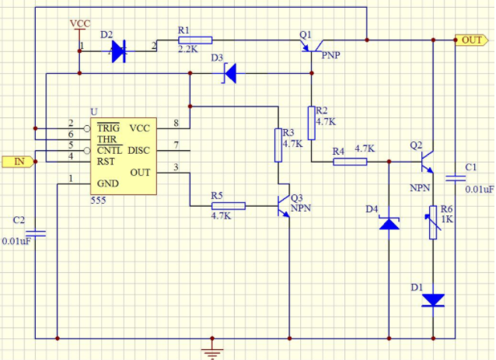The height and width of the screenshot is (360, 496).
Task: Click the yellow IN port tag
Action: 18,162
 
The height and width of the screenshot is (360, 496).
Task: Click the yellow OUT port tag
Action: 471,40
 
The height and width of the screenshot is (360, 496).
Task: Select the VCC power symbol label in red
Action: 80,24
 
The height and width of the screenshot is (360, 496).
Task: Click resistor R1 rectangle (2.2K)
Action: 195,40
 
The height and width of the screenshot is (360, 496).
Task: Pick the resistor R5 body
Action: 229,206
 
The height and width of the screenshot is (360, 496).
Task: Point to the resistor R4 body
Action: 350,162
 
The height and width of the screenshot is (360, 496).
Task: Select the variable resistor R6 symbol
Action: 433,222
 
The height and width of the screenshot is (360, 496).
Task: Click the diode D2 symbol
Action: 119,51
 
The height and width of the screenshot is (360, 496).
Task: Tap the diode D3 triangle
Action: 230,73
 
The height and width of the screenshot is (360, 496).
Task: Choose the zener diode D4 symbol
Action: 389,223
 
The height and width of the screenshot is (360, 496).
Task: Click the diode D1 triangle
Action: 433,300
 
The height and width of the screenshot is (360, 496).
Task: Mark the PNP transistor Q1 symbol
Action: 313,46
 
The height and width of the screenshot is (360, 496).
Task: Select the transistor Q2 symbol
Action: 428,162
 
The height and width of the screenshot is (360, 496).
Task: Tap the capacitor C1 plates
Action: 456,179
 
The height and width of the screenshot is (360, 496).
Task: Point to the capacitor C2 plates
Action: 36,234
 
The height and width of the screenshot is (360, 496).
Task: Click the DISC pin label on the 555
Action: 138,151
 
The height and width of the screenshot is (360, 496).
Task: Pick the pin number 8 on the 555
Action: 176,123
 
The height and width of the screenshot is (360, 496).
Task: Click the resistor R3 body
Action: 278,145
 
